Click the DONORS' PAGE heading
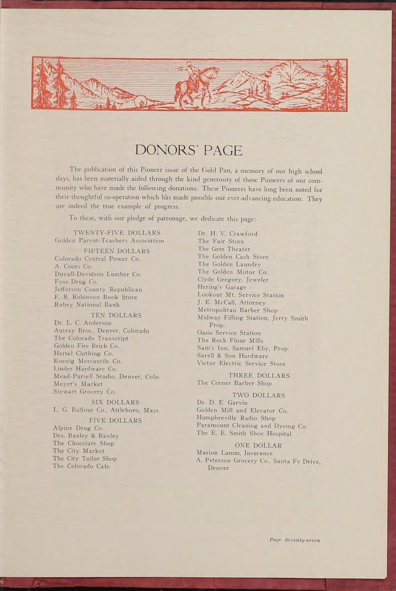189,151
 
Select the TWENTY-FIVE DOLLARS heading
117,233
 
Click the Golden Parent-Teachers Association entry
109,241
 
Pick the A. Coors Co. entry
73,266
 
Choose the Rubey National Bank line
87,305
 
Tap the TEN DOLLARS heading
116,315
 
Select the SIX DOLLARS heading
115,402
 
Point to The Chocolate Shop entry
84,443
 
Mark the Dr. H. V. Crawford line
227,234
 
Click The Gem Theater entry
224,249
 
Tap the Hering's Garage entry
222,287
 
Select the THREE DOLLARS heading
259,375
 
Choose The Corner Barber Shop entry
234,383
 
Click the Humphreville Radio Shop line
236,418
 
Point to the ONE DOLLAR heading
258,445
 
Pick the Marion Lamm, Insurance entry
235,453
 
